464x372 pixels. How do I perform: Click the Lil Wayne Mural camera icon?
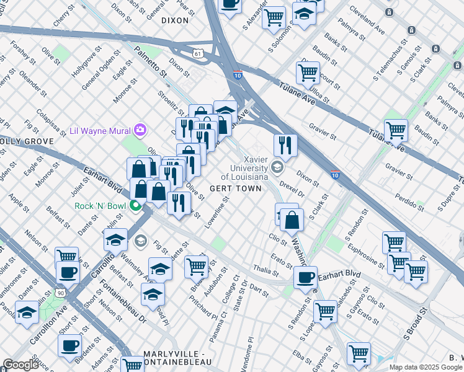pyautogui.click(x=141, y=130)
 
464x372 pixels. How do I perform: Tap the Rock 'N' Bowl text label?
pyautogui.click(x=99, y=206)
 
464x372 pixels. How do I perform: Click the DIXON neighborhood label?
pyautogui.click(x=174, y=20)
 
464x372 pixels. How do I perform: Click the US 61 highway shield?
pyautogui.click(x=198, y=55)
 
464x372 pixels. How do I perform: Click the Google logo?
pyautogui.click(x=20, y=364)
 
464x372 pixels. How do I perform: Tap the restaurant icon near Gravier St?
pyautogui.click(x=285, y=145)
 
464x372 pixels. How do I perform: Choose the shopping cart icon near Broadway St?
pyautogui.click(x=197, y=267)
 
